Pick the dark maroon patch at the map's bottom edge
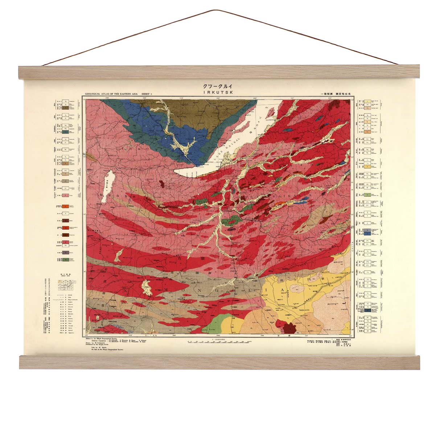(x=290, y=327)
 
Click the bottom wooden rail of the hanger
(x=219, y=362)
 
